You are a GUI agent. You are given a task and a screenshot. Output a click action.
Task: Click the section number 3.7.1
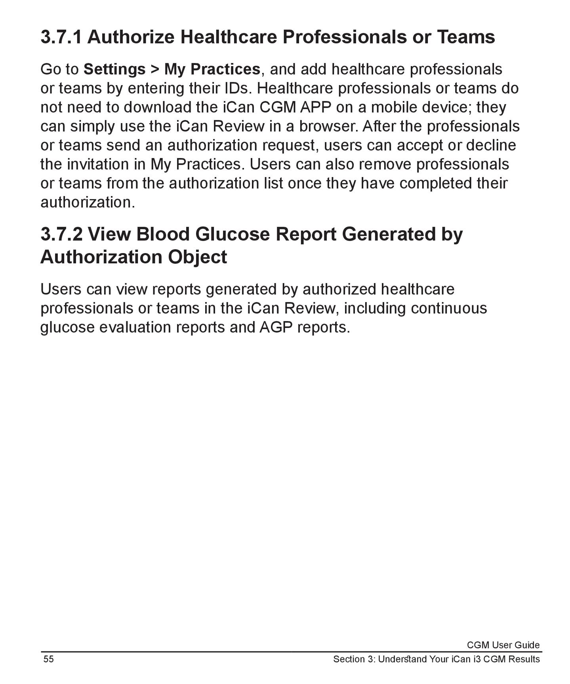[x=61, y=37]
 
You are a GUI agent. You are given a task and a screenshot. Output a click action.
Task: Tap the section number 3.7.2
[x=61, y=234]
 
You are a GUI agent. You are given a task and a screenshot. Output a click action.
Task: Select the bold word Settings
[x=114, y=69]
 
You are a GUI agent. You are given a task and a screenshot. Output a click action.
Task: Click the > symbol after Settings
[x=155, y=70]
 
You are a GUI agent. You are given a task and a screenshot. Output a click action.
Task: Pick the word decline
[x=491, y=145]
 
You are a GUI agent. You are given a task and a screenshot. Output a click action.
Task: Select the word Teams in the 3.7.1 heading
[x=466, y=37]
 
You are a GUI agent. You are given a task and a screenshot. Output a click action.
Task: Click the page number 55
[x=48, y=659]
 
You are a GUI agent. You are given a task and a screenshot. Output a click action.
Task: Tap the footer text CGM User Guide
[x=503, y=645]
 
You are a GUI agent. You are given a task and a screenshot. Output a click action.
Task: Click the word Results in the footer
[x=524, y=659]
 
